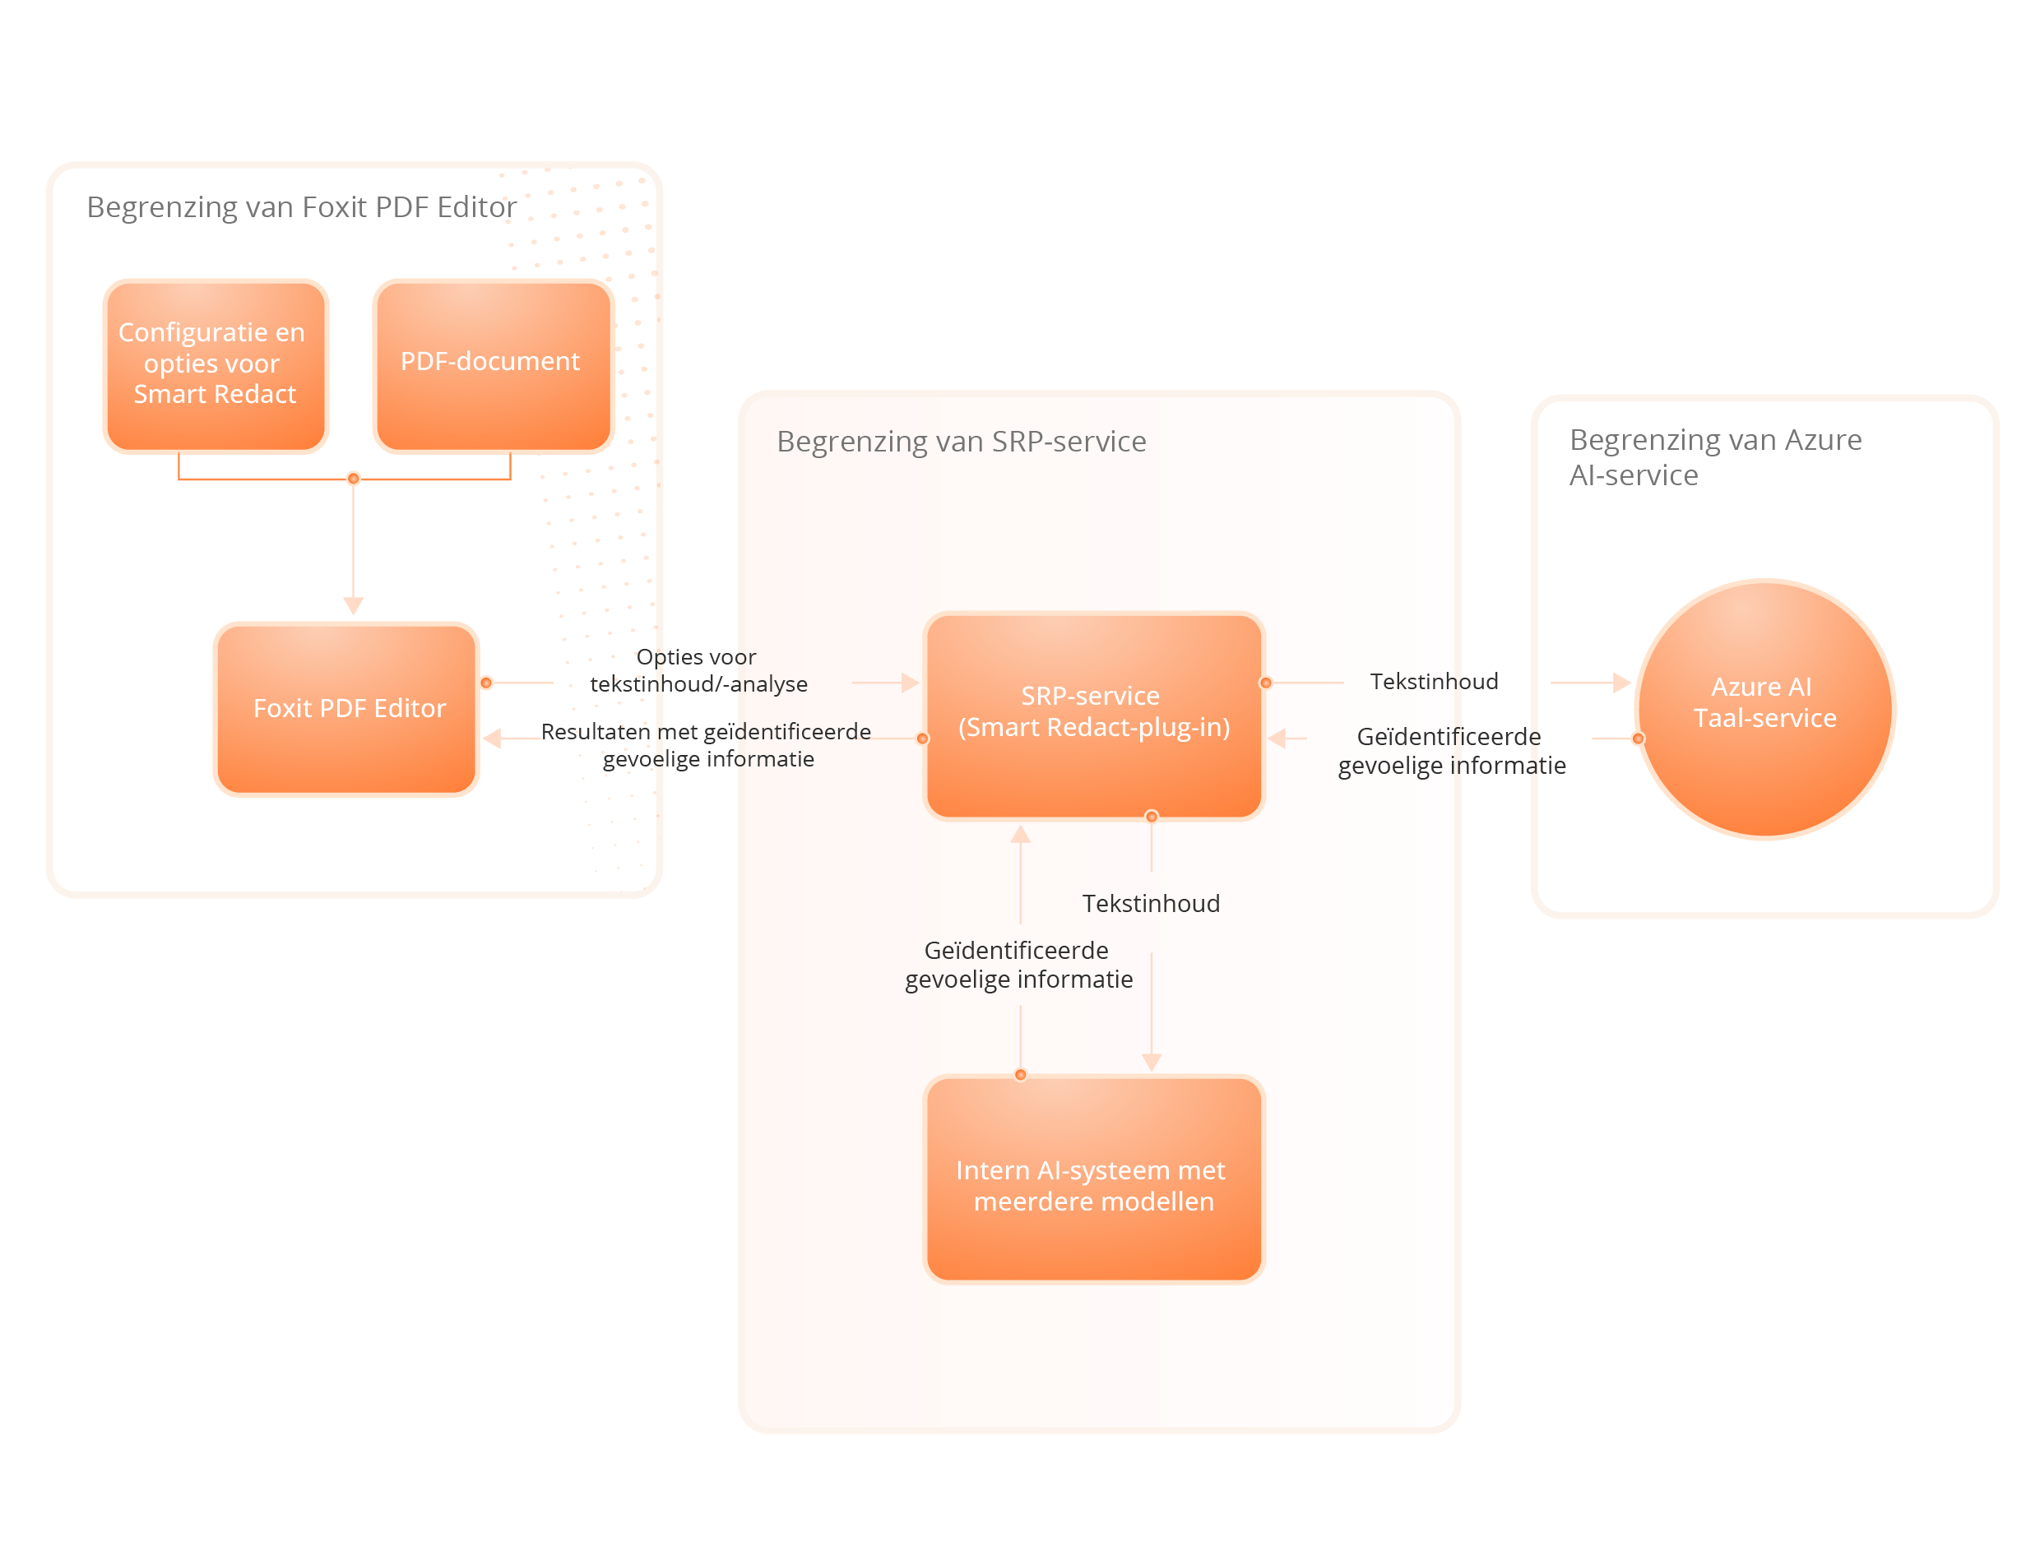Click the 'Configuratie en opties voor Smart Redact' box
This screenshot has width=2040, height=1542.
pos(215,365)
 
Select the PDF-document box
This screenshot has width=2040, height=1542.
pos(493,365)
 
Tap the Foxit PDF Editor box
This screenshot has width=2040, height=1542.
pos(347,708)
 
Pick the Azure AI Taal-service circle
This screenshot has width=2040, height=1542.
pos(1764,708)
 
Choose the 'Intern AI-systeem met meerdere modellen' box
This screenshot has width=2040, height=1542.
pos(1094,1179)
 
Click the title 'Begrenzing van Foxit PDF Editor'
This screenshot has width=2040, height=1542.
pos(302,207)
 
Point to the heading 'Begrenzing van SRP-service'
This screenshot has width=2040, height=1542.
pos(961,442)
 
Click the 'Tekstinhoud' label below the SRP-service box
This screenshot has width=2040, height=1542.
pos(1150,904)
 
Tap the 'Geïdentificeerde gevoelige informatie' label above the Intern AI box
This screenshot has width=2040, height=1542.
pos(1018,965)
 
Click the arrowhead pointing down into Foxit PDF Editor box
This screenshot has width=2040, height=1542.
pos(353,606)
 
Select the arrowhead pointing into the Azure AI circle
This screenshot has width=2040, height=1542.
pos(1621,683)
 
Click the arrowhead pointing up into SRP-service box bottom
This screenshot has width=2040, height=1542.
pos(1020,836)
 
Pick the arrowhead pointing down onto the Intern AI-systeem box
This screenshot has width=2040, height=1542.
pos(1151,1063)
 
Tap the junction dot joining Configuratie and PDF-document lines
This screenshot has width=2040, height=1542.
pos(353,479)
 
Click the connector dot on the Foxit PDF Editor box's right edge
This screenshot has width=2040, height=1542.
pos(486,683)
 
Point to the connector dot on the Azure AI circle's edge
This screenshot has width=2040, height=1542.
pos(1638,739)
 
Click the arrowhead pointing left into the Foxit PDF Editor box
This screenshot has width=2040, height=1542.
pos(493,739)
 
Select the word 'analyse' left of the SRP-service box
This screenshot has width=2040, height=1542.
pos(774,684)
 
